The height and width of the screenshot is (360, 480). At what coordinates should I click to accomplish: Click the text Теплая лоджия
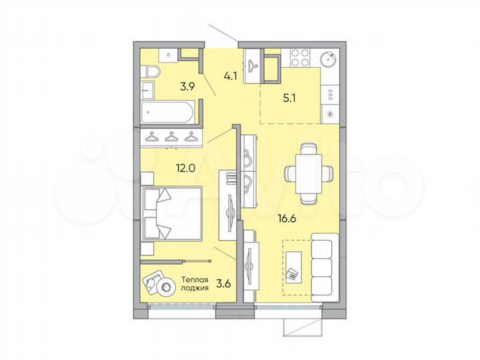[x=195, y=285]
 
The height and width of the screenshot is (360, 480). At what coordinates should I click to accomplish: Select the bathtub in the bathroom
[x=169, y=111]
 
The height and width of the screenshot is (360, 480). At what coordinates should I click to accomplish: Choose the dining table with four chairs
[x=309, y=172]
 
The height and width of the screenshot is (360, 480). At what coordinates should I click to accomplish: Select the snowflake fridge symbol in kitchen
[x=330, y=113]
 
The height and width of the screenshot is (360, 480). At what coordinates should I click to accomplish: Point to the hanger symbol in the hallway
[x=253, y=65]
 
